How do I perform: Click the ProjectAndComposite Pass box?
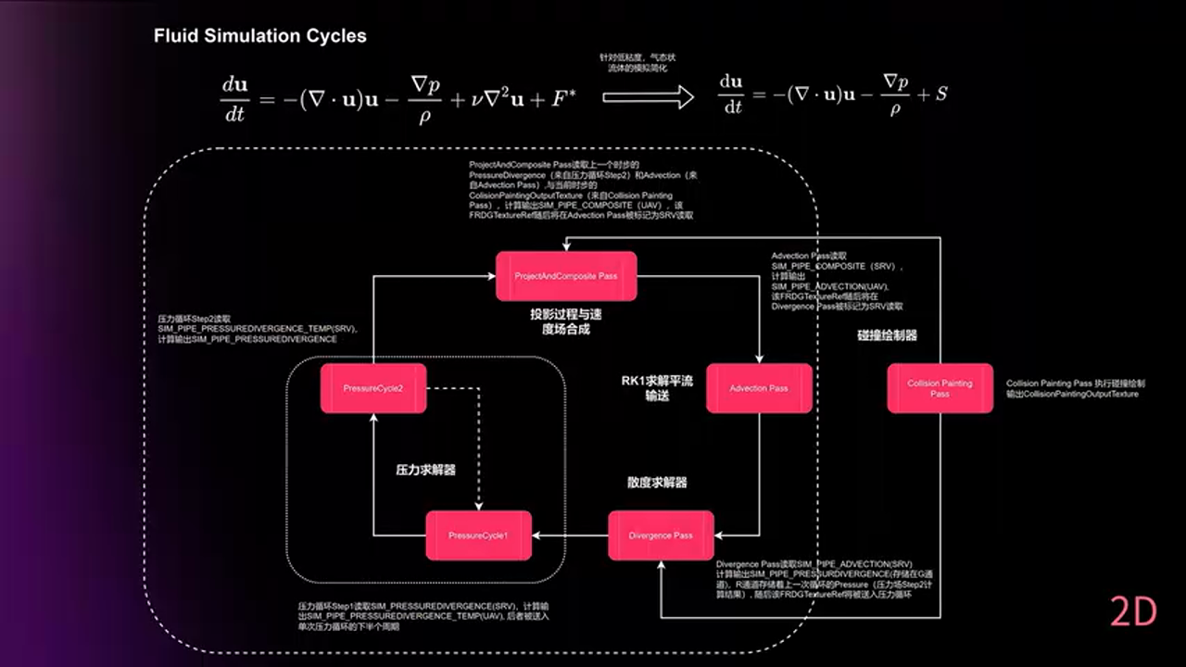coord(566,276)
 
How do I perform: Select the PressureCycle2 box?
coord(373,388)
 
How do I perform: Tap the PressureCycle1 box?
coord(478,535)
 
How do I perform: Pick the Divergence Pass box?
coord(661,535)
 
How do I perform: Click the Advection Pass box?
coord(759,388)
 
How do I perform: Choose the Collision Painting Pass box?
coord(940,388)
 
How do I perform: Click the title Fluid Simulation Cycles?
coord(260,36)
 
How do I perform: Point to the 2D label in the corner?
coord(1134,613)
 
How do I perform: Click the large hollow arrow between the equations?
coord(648,96)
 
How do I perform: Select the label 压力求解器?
coord(425,470)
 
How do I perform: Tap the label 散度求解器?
coord(657,483)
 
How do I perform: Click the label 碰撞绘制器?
coord(887,335)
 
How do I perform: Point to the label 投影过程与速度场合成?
coord(560,321)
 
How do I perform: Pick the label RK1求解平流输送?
coord(658,388)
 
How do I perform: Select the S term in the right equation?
coord(940,94)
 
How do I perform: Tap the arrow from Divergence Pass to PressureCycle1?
coord(570,535)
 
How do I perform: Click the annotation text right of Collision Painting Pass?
coord(1075,388)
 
